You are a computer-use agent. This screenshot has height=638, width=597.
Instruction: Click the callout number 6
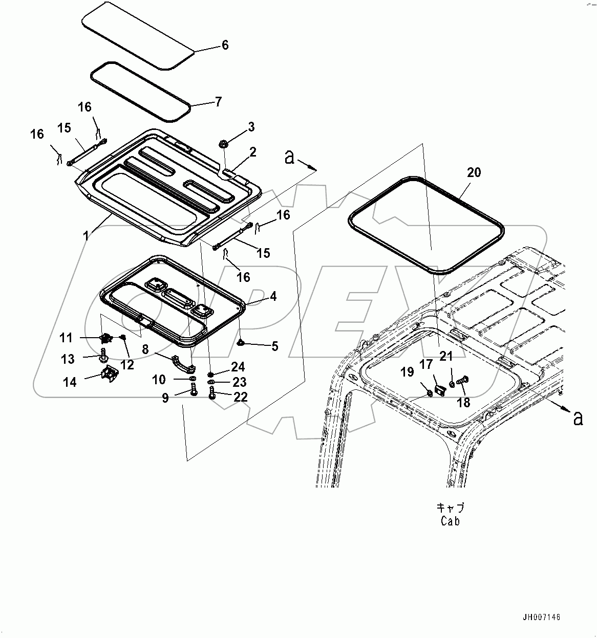pos(225,45)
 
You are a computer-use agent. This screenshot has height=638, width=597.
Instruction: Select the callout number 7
pos(218,102)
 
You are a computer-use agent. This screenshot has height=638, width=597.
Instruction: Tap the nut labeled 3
pos(224,144)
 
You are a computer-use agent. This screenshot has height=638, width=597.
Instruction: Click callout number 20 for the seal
pos(474,172)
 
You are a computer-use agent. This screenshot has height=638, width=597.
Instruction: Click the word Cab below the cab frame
pos(450,521)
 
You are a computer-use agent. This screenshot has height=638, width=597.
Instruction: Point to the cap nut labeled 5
pos(241,343)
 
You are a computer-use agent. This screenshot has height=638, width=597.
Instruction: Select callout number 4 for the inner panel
pos(273,296)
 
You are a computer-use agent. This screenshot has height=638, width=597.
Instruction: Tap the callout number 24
pos(238,367)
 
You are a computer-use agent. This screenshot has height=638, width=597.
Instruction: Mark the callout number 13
pos(68,359)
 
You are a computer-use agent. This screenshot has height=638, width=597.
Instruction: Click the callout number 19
pos(407,372)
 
